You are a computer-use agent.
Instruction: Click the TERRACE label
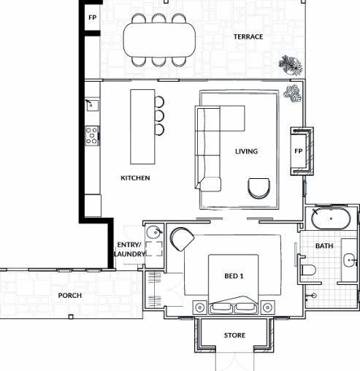pos(248,37)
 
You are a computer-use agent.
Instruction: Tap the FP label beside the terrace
pos(92,17)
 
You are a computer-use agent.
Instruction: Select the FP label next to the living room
pos(298,151)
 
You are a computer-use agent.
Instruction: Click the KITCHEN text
pos(135,177)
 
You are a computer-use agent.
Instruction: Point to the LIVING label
pos(246,152)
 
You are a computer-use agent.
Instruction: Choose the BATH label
pos(324,246)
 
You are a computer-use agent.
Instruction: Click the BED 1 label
pos(234,276)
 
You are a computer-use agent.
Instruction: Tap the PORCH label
pos(70,296)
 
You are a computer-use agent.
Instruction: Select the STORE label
pos(234,336)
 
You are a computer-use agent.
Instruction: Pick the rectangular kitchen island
pos(142,126)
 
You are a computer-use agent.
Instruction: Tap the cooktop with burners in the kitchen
pos(92,134)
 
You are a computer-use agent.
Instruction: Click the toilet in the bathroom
pos(307,272)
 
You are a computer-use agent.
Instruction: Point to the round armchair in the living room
pos(258,188)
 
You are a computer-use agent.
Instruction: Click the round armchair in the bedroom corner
pos(180,238)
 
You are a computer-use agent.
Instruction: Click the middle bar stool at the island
pos(159,115)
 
